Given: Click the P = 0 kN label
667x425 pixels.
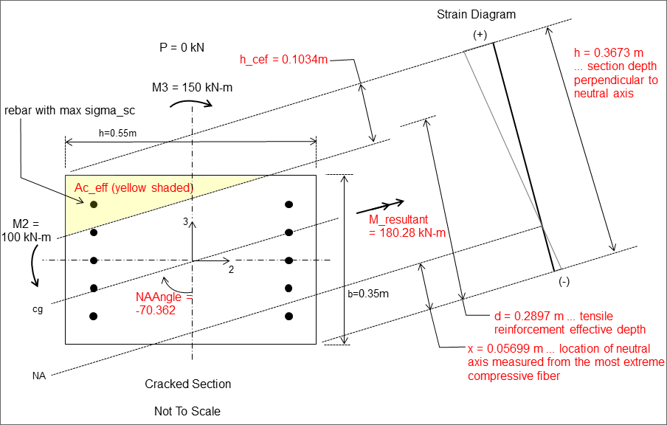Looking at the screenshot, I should point(182,47).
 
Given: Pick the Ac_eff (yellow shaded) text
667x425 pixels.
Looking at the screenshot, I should point(134,188).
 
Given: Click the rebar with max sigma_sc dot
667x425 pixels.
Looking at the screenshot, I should point(94,204).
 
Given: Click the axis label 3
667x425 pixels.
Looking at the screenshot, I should point(185,221).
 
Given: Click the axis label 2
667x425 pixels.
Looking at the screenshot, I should point(231,270).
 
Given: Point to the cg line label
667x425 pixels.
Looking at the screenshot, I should point(38,309).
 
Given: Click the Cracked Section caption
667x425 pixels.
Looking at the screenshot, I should point(187,384).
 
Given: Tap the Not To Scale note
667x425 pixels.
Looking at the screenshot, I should point(187,410).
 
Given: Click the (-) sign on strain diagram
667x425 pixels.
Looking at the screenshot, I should point(564,281).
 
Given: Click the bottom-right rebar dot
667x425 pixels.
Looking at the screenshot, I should point(289,317).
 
